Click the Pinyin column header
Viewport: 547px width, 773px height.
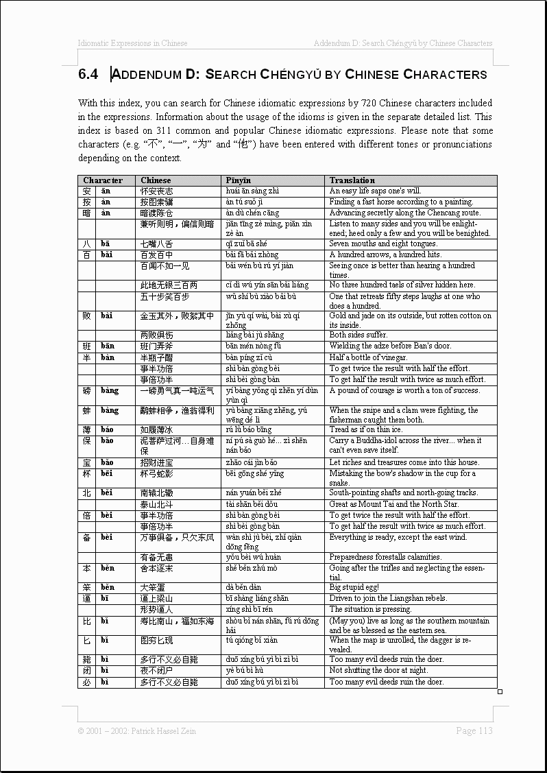tap(239, 180)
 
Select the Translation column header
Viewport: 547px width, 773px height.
tap(352, 180)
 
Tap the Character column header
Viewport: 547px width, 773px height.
tap(103, 180)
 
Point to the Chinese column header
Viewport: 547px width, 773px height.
tap(156, 180)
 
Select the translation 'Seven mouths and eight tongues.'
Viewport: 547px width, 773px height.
tap(382, 243)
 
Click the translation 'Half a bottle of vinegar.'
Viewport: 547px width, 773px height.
tap(368, 357)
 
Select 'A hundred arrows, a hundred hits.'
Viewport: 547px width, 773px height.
tap(385, 254)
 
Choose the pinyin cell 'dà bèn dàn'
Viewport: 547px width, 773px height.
tap(244, 588)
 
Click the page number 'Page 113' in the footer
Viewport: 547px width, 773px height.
tap(474, 730)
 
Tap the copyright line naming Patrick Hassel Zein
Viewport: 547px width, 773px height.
tap(136, 731)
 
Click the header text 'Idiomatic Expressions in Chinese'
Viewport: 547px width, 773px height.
tap(133, 43)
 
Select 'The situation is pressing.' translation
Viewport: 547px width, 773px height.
tap(370, 609)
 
